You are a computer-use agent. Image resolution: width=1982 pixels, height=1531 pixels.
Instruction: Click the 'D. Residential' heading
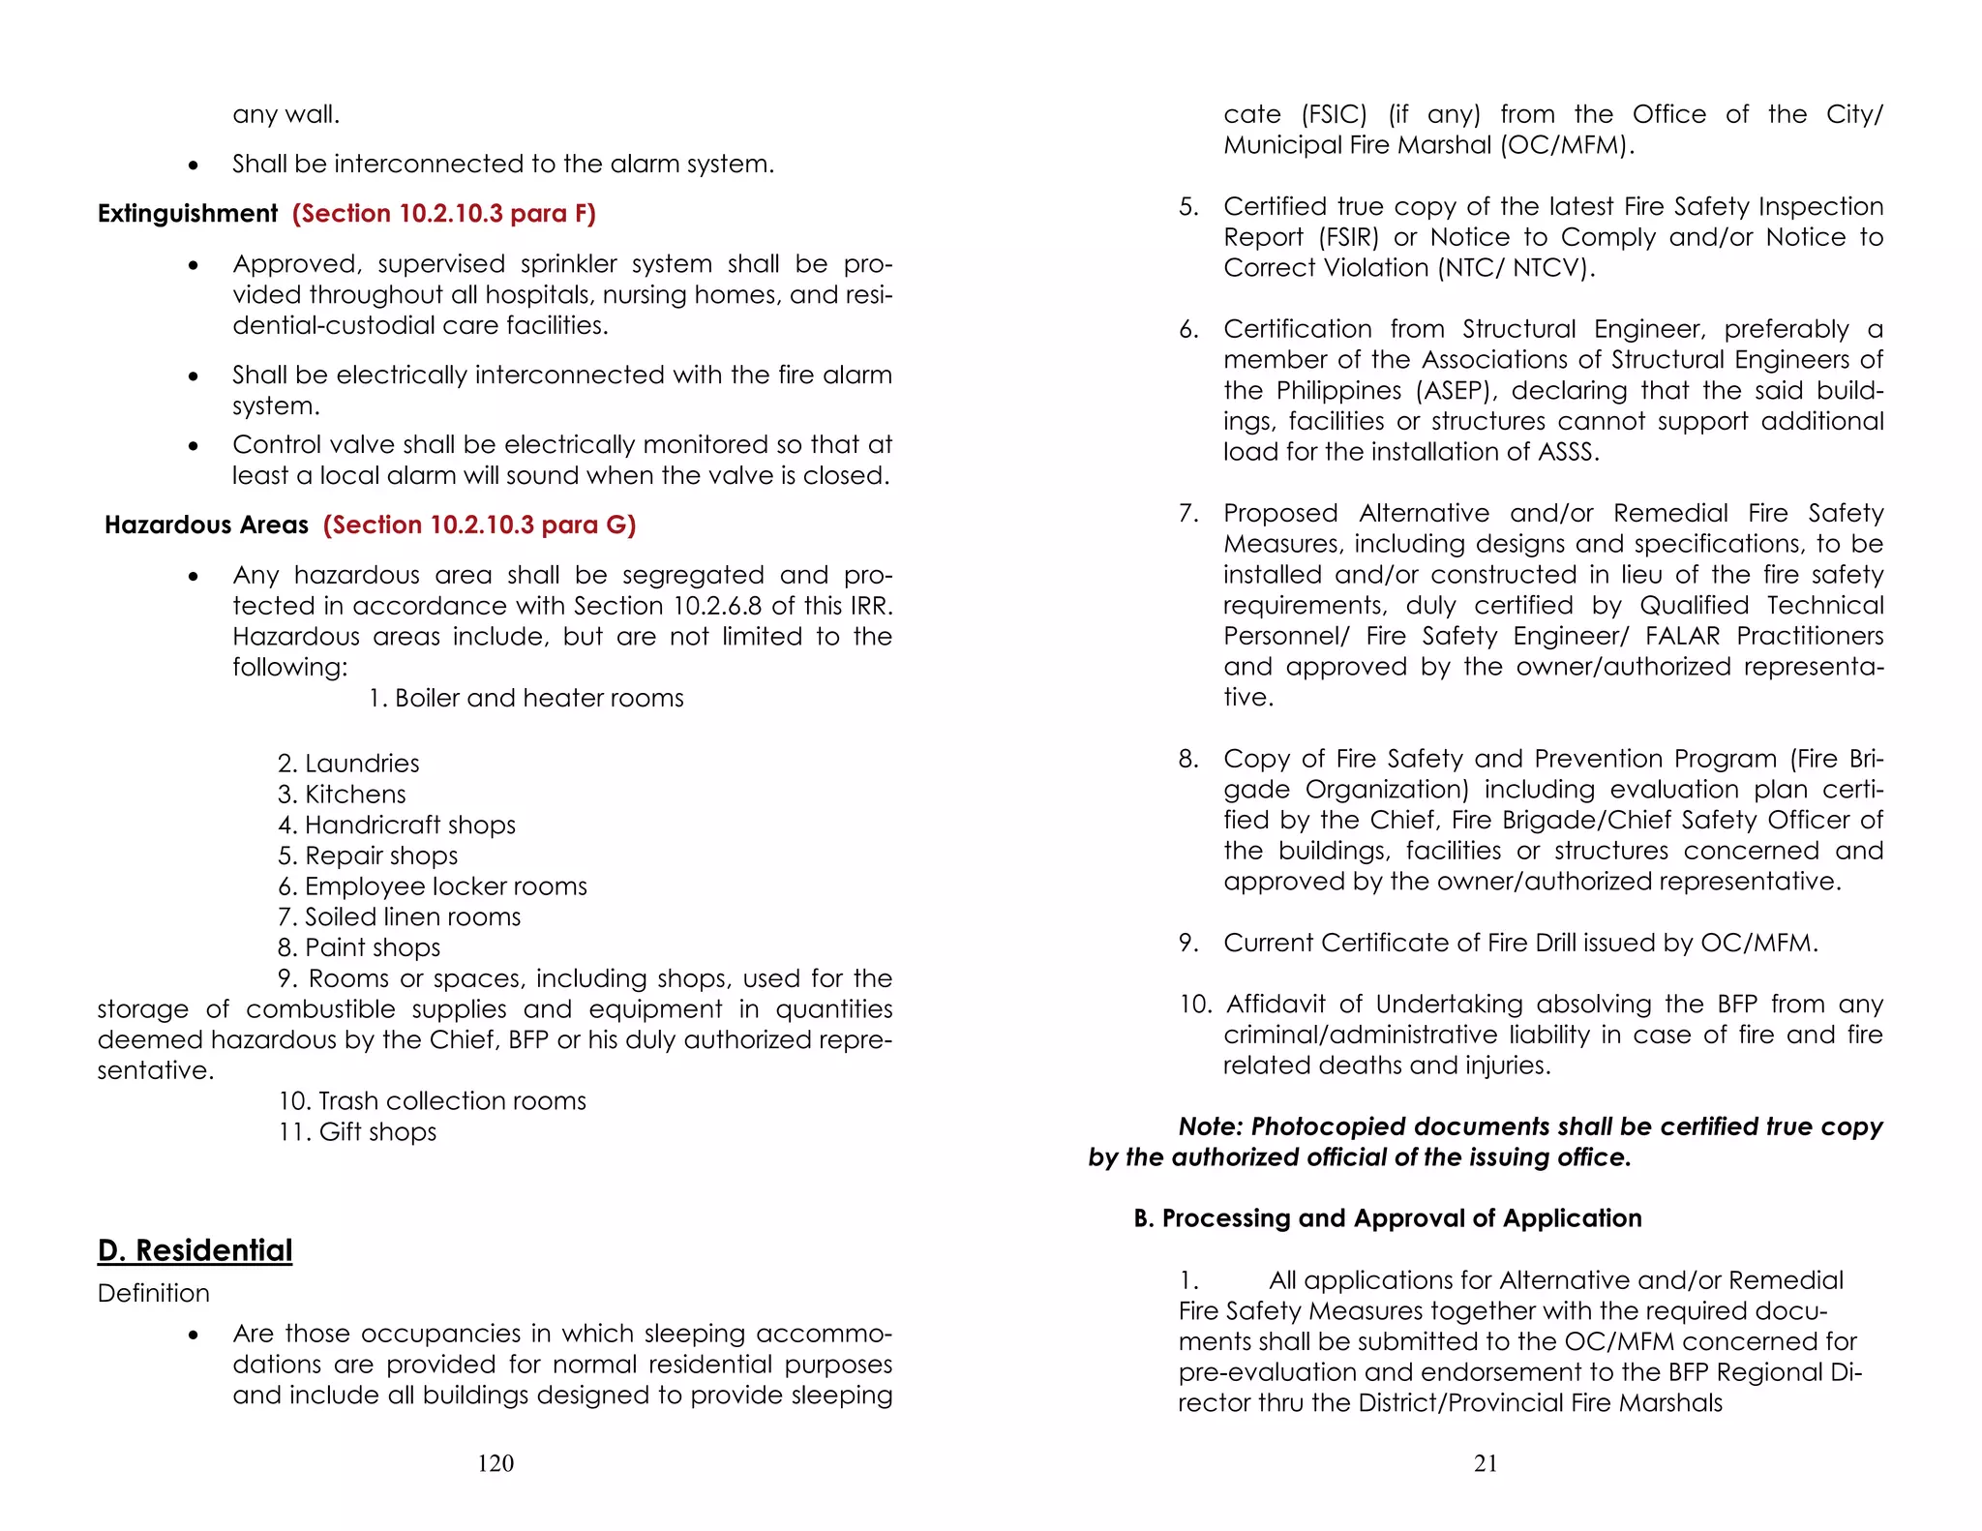(x=195, y=1250)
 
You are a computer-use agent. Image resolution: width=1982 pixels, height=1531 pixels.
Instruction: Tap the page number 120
(x=495, y=1463)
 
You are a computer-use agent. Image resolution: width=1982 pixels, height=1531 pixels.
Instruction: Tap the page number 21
(x=1486, y=1463)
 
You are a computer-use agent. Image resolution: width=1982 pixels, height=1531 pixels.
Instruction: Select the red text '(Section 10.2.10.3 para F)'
(x=444, y=213)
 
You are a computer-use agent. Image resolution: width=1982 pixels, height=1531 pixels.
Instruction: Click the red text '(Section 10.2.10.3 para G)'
(x=479, y=525)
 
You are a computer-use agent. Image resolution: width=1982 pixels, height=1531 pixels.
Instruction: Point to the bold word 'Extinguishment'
(x=188, y=213)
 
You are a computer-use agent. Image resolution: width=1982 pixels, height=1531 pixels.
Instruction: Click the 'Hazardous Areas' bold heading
(x=206, y=525)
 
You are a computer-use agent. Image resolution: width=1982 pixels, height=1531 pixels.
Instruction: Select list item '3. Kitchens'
(x=342, y=795)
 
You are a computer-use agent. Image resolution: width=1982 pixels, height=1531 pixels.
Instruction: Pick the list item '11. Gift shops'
(x=357, y=1131)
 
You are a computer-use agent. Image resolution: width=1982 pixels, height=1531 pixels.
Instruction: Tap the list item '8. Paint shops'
(x=359, y=947)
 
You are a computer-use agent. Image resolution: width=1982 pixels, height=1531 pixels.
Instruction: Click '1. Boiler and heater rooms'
(x=526, y=698)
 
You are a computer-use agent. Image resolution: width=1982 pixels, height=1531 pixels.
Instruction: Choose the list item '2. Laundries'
(x=348, y=764)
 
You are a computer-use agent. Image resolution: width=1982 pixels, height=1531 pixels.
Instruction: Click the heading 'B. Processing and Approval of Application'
(x=1388, y=1218)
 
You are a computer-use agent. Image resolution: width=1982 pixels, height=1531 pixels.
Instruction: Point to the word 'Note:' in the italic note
(x=1211, y=1126)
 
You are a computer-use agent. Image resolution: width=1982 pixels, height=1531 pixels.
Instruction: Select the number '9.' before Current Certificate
(x=1188, y=943)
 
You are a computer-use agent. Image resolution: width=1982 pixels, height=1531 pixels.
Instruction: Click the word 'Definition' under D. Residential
(x=153, y=1293)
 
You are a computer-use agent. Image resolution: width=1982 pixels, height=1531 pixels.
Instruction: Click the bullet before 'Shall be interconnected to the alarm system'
(x=195, y=165)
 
